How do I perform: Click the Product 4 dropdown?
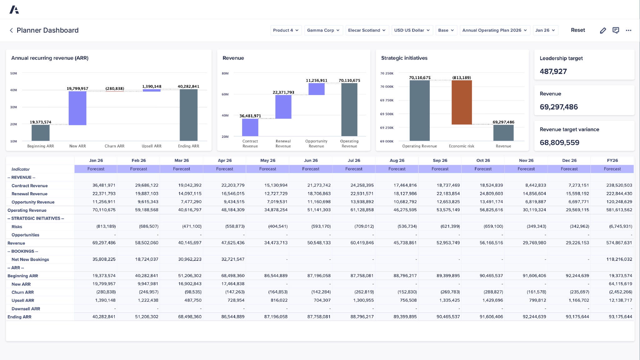(286, 30)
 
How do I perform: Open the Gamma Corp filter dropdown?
(323, 30)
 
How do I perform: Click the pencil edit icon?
(603, 30)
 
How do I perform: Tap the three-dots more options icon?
(628, 30)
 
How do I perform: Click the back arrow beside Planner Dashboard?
(11, 30)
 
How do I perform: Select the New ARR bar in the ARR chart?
(77, 108)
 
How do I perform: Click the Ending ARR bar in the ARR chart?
(188, 115)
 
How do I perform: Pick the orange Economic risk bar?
(462, 102)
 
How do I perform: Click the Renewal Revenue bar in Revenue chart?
(283, 107)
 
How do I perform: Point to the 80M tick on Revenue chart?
(225, 73)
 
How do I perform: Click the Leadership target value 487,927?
(553, 72)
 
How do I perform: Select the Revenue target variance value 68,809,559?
(559, 142)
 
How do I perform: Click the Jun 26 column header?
(311, 160)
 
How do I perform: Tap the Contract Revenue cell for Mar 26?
(190, 185)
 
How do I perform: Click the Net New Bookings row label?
(30, 259)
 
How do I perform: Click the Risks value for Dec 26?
(579, 226)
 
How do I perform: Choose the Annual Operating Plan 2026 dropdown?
(494, 30)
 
